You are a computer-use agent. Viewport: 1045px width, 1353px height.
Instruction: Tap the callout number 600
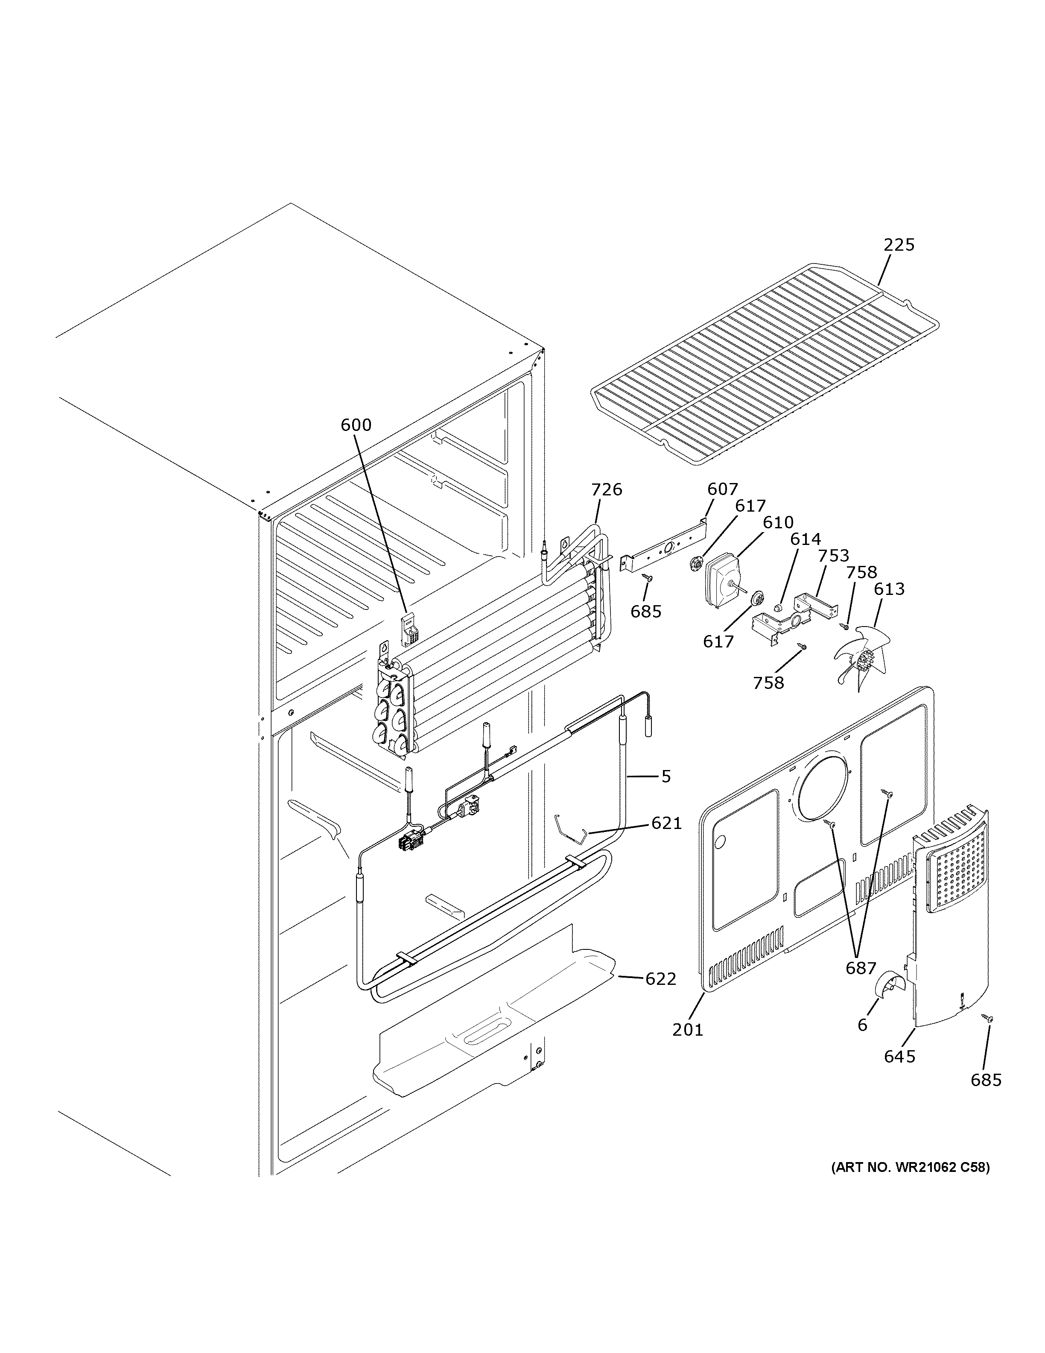356,425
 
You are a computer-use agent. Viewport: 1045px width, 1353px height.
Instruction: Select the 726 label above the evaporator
606,489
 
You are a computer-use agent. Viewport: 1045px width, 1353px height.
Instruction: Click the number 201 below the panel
688,1030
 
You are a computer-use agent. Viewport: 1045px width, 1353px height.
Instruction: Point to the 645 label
899,1056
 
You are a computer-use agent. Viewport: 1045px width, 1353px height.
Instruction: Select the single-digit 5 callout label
666,776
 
